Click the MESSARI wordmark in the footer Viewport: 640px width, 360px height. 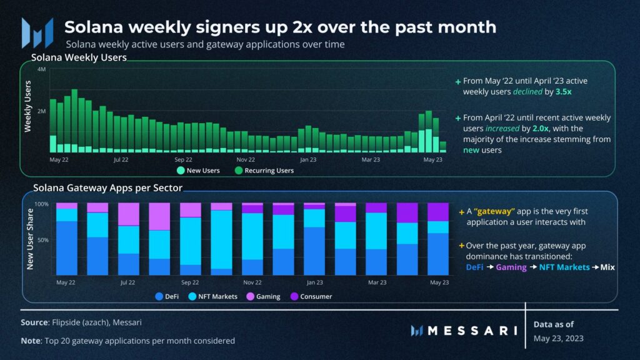click(x=464, y=330)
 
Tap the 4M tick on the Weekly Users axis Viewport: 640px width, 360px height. click(x=42, y=69)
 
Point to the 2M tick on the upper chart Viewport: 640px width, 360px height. click(x=42, y=111)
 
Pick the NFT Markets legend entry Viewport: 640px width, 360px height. click(x=212, y=296)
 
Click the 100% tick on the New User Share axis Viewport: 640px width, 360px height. click(x=41, y=204)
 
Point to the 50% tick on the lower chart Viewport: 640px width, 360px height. click(x=42, y=240)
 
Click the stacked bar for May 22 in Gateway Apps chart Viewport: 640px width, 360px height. click(x=67, y=239)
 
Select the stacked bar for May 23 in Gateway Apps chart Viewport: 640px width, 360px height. click(x=437, y=239)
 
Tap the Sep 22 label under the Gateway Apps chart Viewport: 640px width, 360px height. click(x=190, y=282)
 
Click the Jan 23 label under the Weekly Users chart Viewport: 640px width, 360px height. click(x=308, y=159)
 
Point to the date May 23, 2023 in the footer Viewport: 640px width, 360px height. click(x=558, y=339)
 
